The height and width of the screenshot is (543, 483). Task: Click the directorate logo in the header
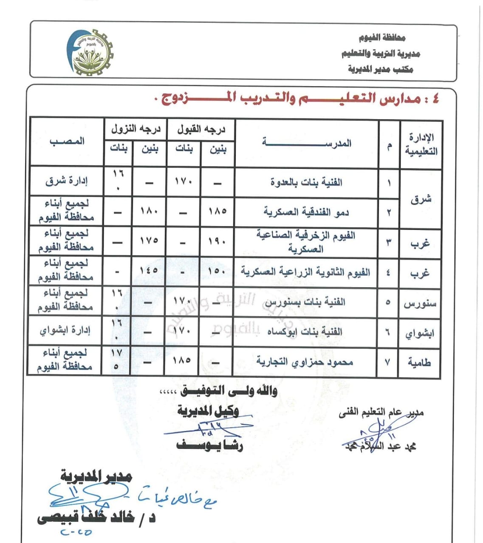coord(90,52)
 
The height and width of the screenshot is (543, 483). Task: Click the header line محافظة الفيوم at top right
coord(382,38)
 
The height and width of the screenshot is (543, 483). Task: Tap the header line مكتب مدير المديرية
coord(380,69)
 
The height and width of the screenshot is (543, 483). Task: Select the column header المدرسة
coord(307,143)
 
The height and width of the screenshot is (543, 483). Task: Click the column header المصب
coord(67,141)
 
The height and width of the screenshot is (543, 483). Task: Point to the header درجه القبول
coord(201,129)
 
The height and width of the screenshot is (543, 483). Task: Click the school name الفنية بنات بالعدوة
coord(306,182)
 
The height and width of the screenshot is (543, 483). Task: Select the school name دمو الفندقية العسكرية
coord(306,212)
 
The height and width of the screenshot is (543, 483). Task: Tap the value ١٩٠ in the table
coord(217,242)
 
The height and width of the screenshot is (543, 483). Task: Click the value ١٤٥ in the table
coord(149,270)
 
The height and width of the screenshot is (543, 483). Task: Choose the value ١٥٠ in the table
coord(217,271)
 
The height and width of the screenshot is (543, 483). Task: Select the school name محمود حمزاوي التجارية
coord(305,362)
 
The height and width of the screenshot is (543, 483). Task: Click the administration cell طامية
coord(419,362)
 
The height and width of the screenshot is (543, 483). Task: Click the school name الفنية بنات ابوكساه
coord(305,332)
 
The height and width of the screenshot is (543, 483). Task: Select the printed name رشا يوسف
coord(210,446)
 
